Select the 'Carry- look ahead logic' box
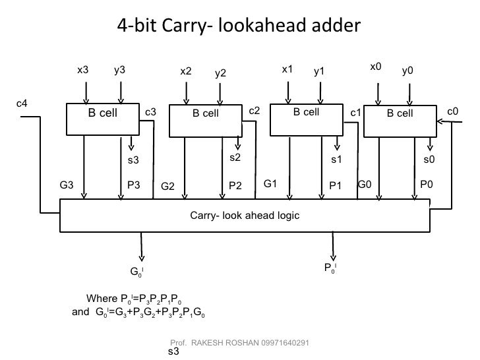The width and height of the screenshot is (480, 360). tap(245, 215)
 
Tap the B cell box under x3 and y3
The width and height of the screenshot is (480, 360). tap(102, 113)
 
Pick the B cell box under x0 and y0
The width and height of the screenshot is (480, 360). tap(400, 113)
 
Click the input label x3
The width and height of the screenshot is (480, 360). tap(83, 69)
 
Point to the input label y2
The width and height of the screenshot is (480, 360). tap(220, 73)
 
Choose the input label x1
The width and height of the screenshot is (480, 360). tap(287, 69)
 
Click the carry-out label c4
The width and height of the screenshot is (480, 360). tap(22, 104)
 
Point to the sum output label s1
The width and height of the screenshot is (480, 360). tap(336, 159)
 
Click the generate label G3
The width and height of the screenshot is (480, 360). tap(67, 185)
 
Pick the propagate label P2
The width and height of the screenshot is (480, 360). tap(235, 186)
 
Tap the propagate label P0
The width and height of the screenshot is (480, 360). tap(427, 185)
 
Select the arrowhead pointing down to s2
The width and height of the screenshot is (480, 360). tap(238, 147)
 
